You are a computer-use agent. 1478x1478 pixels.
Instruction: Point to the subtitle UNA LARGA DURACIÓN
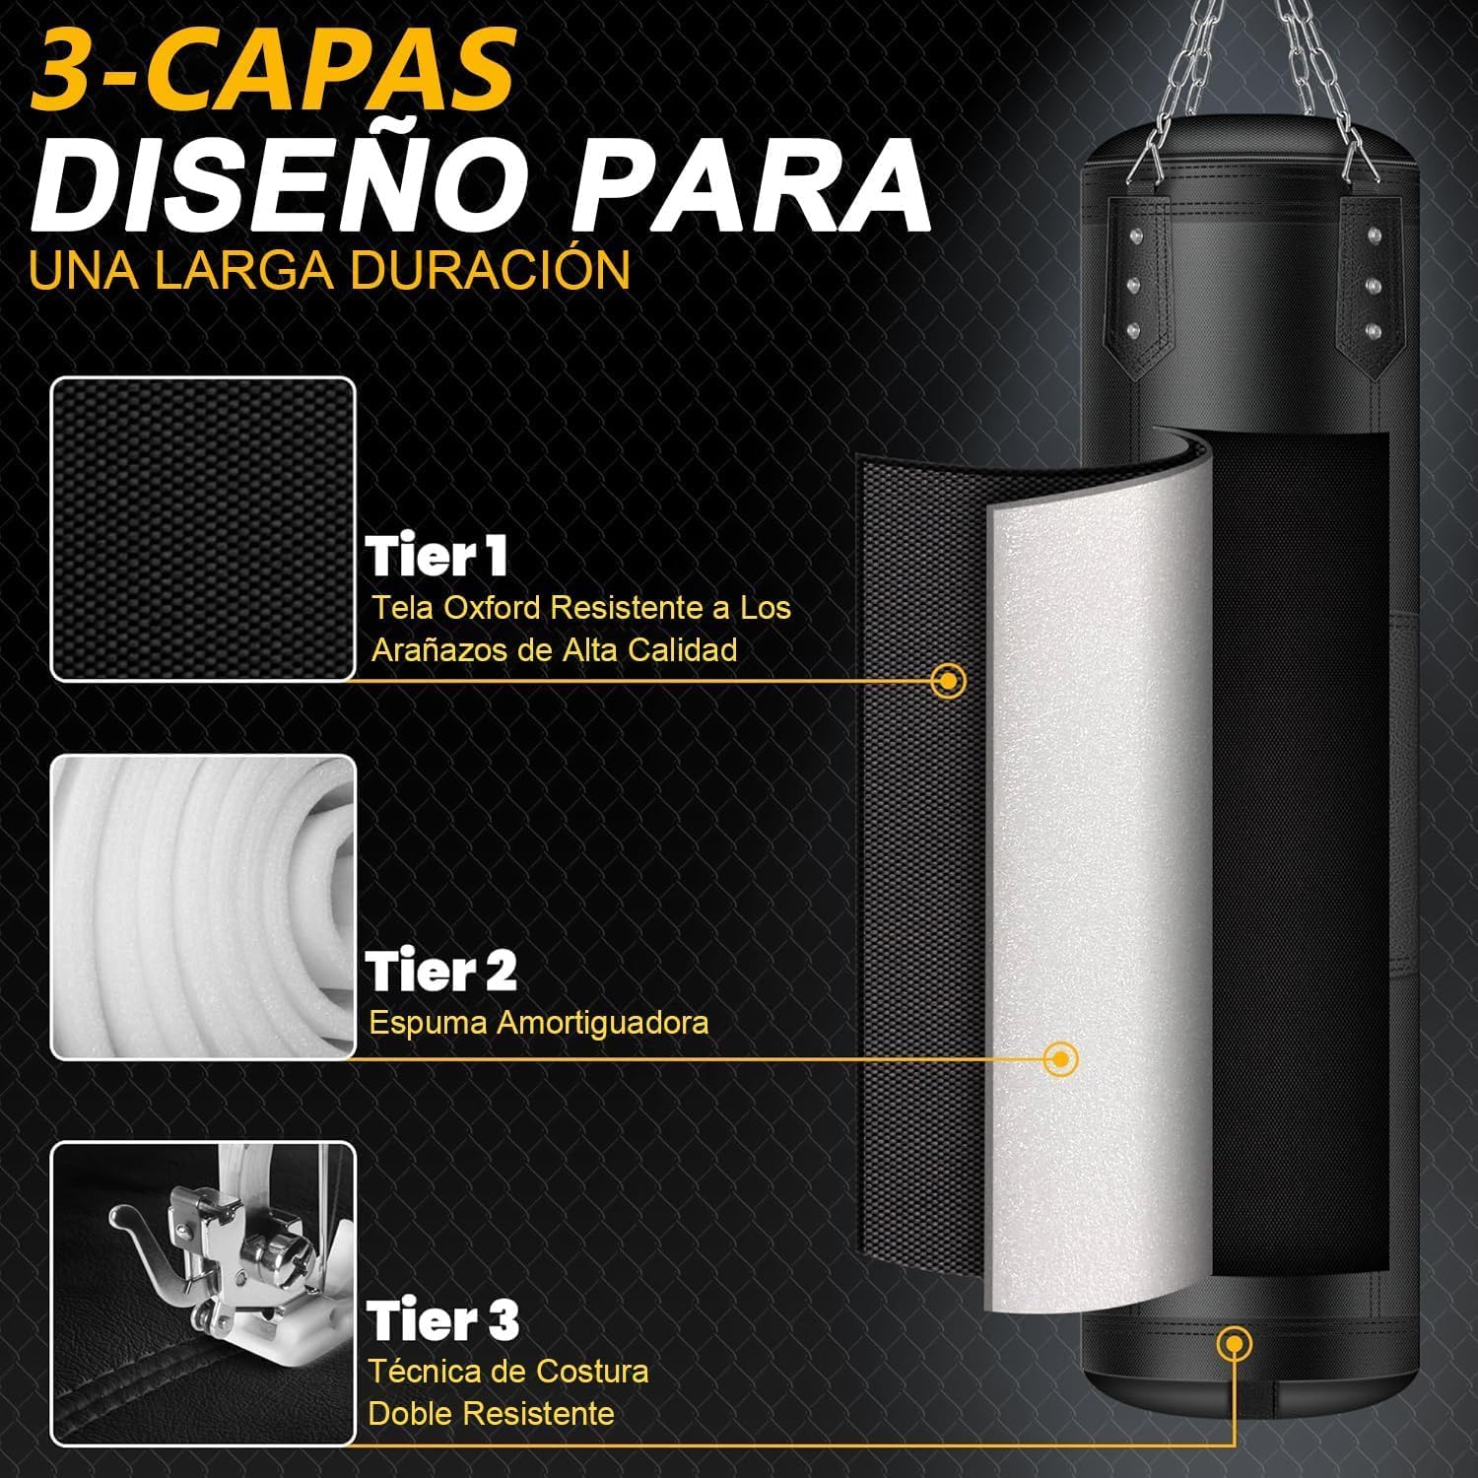coord(329,270)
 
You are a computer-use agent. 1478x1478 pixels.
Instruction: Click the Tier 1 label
coord(437,558)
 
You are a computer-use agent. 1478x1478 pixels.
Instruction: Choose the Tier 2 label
coord(441,972)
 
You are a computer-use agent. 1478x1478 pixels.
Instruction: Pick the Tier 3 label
coord(443,1320)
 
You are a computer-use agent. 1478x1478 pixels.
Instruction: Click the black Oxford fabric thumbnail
coord(203,529)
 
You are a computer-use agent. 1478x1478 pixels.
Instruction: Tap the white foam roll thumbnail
coord(203,907)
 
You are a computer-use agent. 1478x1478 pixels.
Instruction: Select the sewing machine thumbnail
coord(203,1294)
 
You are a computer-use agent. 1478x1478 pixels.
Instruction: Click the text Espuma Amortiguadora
coord(539,1023)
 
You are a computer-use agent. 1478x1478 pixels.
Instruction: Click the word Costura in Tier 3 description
coord(592,1371)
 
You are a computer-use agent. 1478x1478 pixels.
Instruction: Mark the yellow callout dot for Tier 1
coord(948,680)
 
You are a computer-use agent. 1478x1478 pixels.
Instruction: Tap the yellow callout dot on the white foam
coord(1060,1059)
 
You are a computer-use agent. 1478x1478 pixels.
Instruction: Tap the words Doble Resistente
coord(492,1414)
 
